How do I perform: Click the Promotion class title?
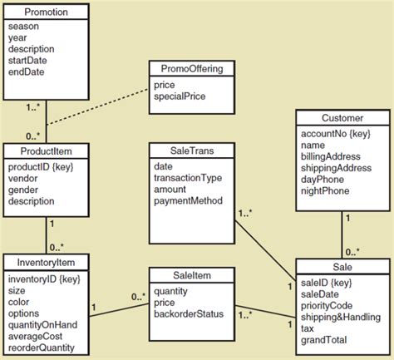point(47,12)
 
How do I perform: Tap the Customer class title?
point(341,117)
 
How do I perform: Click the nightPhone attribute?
point(327,190)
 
